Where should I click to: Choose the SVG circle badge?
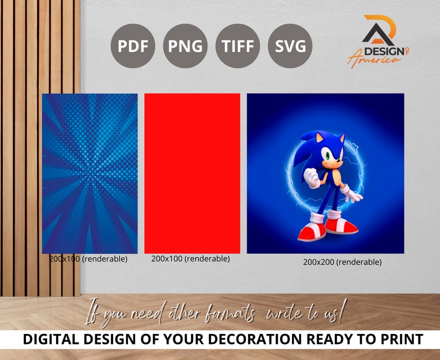(x=290, y=46)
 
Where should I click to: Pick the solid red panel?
(x=192, y=173)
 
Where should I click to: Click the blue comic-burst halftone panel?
(x=90, y=173)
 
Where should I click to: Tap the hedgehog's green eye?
(x=326, y=157)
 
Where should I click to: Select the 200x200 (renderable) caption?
(x=342, y=262)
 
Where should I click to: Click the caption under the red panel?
(x=190, y=259)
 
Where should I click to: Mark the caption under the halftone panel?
(x=89, y=259)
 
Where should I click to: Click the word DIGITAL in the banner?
(x=50, y=339)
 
